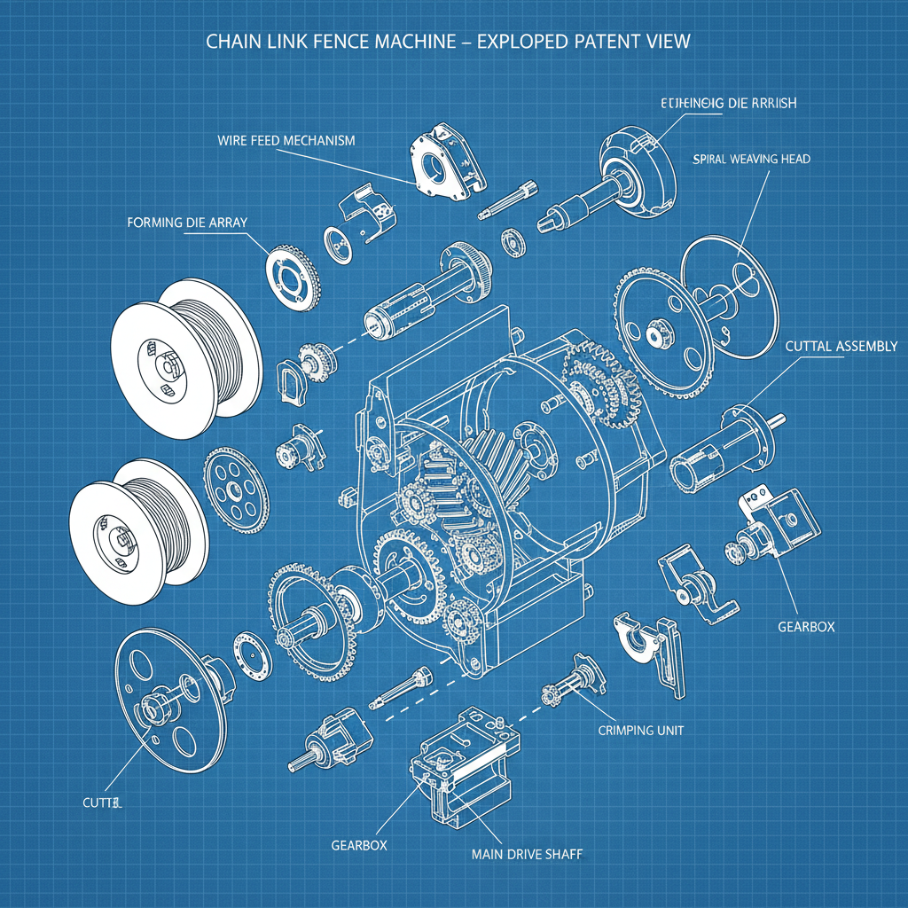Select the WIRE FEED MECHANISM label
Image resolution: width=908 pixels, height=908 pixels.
tap(286, 141)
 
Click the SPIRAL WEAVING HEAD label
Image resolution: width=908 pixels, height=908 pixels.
tap(749, 160)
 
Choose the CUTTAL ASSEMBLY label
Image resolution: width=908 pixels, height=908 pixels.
tap(841, 347)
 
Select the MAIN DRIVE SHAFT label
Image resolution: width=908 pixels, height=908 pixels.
tap(528, 855)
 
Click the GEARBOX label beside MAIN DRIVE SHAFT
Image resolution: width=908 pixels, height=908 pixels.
tap(358, 845)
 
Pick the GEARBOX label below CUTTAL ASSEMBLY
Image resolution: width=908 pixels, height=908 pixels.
tap(806, 626)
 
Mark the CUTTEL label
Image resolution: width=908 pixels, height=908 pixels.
tap(96, 803)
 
